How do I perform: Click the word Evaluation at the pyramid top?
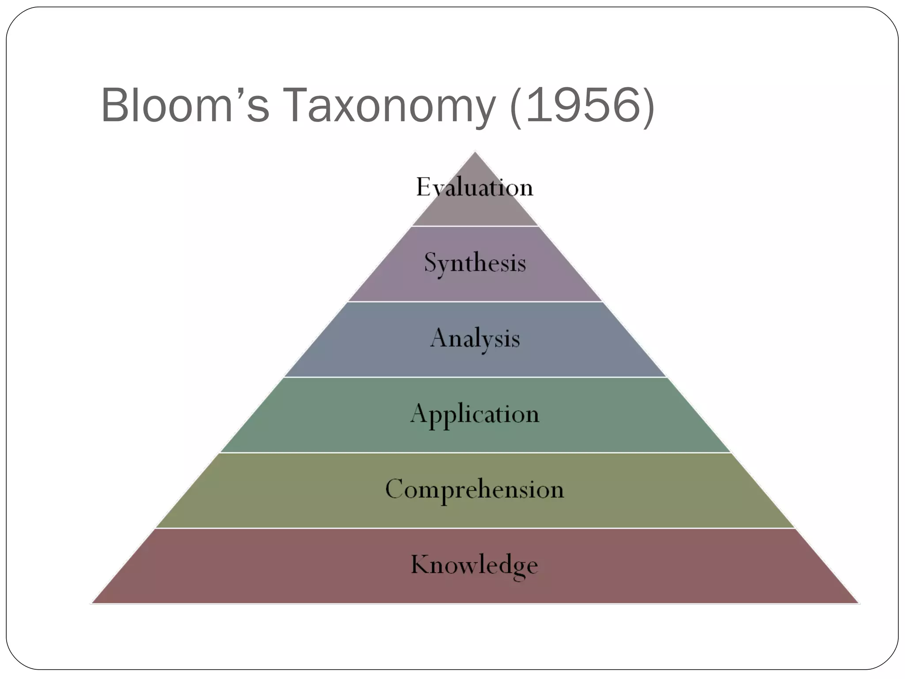[475, 187]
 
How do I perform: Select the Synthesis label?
[475, 263]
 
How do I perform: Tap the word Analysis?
[475, 339]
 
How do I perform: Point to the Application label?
[475, 414]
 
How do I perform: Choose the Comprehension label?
[475, 489]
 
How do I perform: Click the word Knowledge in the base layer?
[475, 565]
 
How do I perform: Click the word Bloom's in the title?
[185, 106]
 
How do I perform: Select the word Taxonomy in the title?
[389, 106]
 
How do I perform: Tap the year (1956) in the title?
[582, 106]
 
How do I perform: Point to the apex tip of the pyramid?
[475, 153]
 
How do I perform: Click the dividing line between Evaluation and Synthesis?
[475, 226]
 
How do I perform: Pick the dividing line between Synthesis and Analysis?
[475, 302]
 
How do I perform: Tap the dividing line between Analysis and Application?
[475, 377]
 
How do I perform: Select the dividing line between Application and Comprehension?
[475, 453]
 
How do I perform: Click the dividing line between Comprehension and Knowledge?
[475, 528]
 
